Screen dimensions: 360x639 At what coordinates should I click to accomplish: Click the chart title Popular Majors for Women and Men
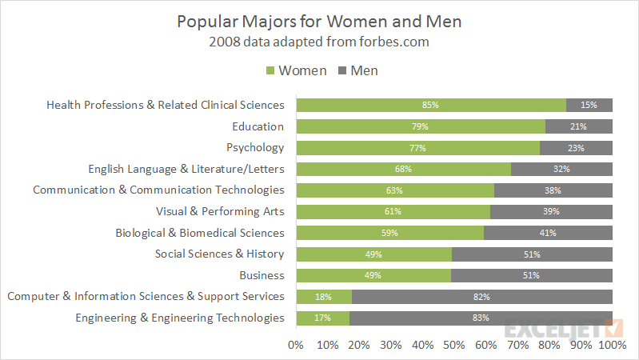click(x=319, y=21)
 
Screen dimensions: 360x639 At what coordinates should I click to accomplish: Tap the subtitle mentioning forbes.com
click(x=319, y=42)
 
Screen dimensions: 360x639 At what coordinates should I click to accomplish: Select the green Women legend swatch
click(x=270, y=70)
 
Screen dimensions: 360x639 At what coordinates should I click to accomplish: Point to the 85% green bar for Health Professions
click(x=431, y=105)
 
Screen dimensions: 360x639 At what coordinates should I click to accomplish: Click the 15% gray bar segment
click(x=589, y=105)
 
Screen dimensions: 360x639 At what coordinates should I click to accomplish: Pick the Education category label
click(x=258, y=126)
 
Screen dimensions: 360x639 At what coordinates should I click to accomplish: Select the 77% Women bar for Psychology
click(x=417, y=147)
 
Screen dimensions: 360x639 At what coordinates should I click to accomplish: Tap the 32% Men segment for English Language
click(x=561, y=169)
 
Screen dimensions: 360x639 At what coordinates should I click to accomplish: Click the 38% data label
click(x=553, y=190)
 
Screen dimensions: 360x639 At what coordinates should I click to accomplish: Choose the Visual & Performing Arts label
click(x=220, y=211)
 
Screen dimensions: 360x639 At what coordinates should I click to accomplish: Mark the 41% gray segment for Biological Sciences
click(x=548, y=233)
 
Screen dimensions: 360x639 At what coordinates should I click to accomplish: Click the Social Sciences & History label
click(x=219, y=254)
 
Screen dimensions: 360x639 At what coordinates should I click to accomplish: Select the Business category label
click(x=262, y=275)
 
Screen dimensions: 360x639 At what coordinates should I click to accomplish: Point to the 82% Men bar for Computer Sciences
click(x=482, y=297)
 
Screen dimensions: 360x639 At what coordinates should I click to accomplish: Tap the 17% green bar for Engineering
click(x=322, y=318)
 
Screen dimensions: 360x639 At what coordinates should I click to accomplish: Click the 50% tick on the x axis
click(x=454, y=345)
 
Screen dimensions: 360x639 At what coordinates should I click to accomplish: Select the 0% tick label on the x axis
click(x=296, y=345)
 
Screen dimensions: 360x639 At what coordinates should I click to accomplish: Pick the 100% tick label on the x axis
click(x=612, y=345)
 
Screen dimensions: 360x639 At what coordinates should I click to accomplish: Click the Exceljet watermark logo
click(x=563, y=329)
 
